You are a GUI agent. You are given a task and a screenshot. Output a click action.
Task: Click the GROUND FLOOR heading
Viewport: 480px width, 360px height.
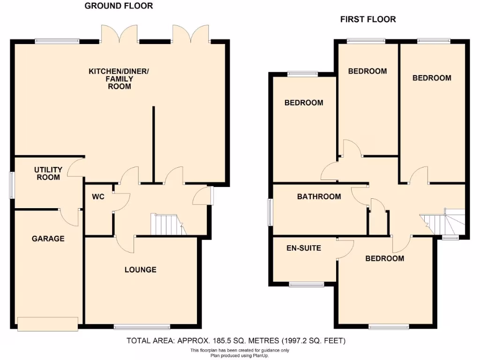click(x=119, y=6)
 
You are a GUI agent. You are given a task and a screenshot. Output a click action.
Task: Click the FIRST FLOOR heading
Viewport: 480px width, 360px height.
click(x=368, y=19)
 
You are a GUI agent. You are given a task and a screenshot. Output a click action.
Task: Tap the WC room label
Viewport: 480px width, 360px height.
click(x=98, y=197)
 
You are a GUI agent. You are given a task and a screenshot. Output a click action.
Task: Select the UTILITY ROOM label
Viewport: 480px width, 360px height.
click(x=48, y=173)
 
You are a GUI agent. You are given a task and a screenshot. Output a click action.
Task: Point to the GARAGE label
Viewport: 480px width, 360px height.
click(x=48, y=239)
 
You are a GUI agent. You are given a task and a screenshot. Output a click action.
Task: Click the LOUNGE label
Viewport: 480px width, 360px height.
click(x=140, y=270)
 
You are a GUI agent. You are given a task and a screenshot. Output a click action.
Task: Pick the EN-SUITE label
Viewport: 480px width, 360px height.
click(x=304, y=247)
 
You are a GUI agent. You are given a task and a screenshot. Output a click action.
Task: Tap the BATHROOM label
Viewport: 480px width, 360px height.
click(x=319, y=196)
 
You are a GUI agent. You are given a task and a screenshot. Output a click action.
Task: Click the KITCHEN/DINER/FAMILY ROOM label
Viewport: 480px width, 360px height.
click(x=119, y=79)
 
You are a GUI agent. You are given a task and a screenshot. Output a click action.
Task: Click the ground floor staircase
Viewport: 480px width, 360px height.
click(x=167, y=224)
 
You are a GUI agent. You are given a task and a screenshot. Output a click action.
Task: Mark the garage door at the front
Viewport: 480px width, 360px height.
click(x=48, y=323)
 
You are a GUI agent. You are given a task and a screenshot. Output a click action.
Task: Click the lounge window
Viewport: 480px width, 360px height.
click(x=142, y=327)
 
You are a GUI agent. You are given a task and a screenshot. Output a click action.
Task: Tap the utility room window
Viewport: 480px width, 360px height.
click(x=12, y=185)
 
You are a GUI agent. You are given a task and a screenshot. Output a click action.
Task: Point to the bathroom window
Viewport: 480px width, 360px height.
click(x=270, y=210)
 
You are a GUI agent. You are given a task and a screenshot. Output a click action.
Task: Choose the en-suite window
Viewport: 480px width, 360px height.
click(x=306, y=284)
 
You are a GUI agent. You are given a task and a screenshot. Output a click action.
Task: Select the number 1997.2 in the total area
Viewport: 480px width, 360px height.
click(x=293, y=341)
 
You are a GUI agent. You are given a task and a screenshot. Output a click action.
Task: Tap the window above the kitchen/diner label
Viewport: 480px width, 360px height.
click(x=57, y=41)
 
